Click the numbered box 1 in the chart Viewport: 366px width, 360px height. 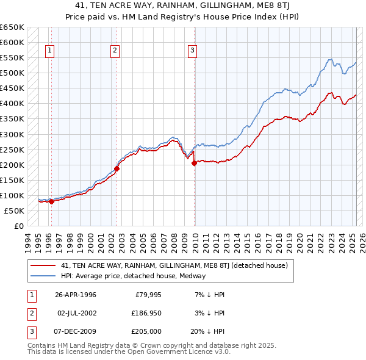coord(49,51)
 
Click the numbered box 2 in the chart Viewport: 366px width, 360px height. coord(114,51)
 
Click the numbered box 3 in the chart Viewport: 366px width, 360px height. coord(192,51)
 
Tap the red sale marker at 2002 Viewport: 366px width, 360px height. coord(117,169)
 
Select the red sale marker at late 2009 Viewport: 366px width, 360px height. coord(194,163)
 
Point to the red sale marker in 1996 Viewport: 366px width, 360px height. coord(51,201)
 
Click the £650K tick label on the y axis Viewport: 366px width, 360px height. coord(12,27)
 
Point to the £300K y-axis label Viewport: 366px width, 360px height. coord(12,134)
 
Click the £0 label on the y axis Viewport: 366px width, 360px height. coord(18,226)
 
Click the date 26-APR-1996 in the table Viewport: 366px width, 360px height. coord(76,295)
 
